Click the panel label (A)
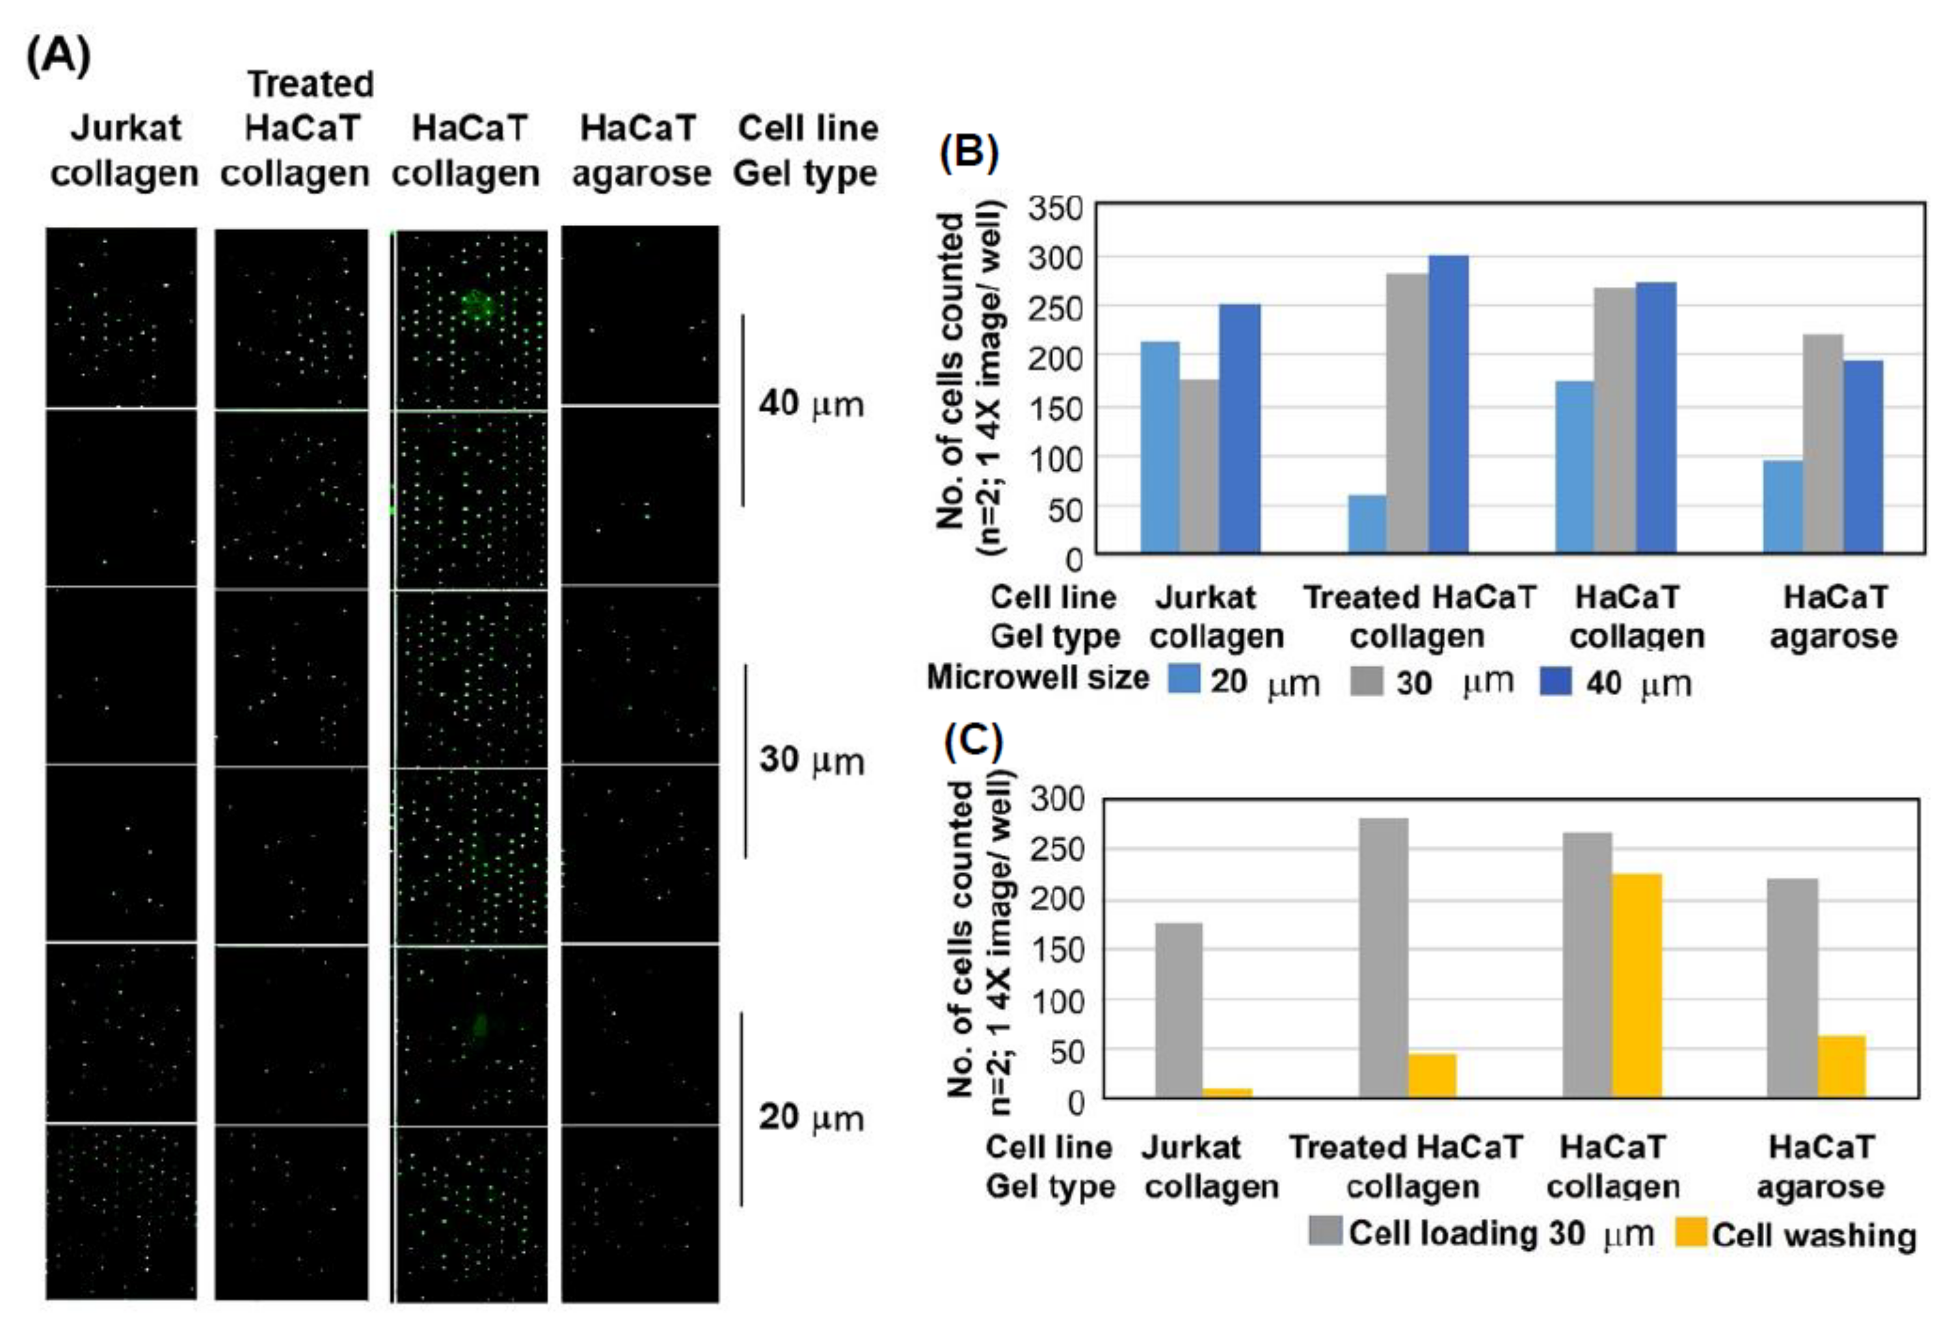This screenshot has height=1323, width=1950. pos(58,57)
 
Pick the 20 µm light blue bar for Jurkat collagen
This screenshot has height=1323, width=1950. pos(1160,447)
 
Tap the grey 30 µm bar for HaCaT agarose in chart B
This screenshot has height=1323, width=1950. pos(1823,443)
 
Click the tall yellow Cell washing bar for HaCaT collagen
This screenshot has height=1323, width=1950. pos(1636,985)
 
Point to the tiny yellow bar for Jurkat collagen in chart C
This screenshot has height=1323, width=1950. pos(1227,1092)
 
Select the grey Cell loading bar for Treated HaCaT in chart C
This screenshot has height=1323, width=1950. pos(1383,957)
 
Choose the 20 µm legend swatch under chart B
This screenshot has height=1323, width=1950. pos(1184,679)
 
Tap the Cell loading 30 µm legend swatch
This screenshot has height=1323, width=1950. pos(1325,1231)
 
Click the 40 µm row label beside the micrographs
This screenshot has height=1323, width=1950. pos(810,404)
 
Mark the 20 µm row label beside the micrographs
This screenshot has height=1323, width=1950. pos(810,1118)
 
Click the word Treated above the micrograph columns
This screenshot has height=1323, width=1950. pos(310,84)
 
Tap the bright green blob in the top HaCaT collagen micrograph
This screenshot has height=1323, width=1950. pos(477,304)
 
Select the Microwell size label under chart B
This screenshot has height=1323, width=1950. pos(1037,677)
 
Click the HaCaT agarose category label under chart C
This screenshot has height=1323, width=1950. pos(1820,1166)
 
